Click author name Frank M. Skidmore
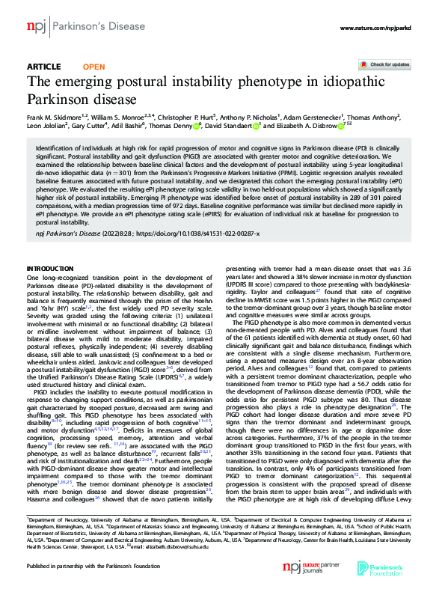tap(51, 116)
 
